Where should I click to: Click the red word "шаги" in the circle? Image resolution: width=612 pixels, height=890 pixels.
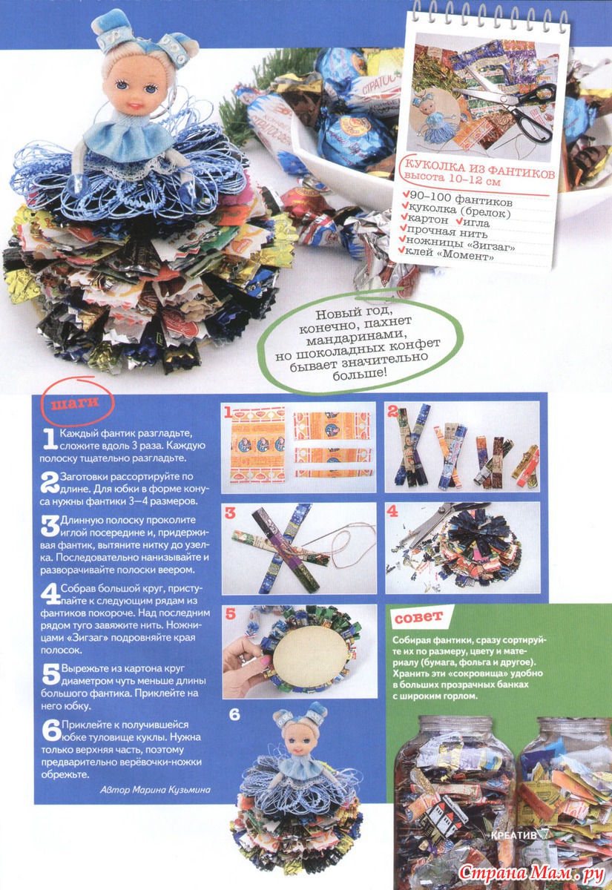point(75,403)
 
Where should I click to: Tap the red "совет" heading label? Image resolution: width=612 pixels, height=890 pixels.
point(419,616)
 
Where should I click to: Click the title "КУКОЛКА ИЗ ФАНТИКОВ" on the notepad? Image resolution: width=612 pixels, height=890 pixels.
point(479,169)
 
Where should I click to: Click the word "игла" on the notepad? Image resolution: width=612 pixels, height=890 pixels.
point(473,221)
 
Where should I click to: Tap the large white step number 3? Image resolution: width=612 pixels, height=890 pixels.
point(50,525)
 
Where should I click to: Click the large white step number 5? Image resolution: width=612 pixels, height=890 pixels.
point(51,674)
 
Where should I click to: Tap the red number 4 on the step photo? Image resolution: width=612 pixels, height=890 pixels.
point(392,511)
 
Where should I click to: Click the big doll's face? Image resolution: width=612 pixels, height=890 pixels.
point(132,88)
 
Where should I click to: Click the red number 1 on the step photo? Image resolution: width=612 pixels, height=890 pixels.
point(227,413)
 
